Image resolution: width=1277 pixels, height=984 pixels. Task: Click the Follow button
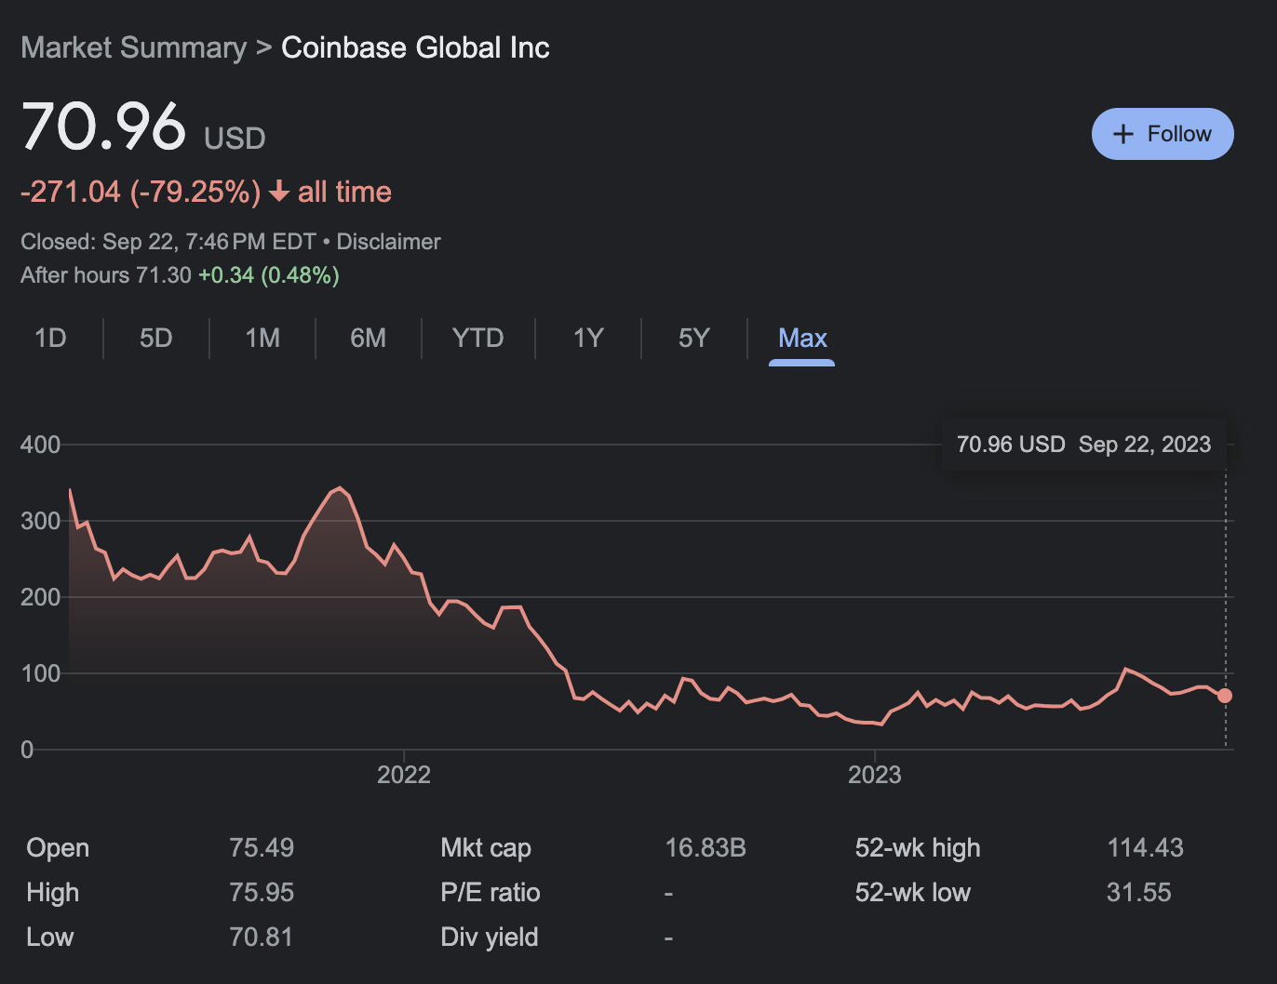1163,134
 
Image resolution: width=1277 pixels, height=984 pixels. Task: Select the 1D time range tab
50,338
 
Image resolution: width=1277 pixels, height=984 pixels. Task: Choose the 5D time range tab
156,338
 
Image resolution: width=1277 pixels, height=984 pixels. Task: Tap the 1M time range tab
262,338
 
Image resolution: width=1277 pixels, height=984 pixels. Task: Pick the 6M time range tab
369,338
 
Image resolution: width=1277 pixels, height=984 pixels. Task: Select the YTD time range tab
477,338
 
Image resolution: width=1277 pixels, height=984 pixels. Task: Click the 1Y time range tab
588,338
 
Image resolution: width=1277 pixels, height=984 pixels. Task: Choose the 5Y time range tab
694,338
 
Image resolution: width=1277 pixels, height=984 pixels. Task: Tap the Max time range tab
802,338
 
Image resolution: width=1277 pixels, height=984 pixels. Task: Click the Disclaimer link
388,242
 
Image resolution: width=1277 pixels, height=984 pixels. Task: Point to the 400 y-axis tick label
40,445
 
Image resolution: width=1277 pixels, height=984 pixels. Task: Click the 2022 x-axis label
404,775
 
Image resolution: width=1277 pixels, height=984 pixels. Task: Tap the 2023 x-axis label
875,775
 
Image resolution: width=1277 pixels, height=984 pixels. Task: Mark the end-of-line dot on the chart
1225,696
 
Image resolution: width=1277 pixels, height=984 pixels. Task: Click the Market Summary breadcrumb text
134,47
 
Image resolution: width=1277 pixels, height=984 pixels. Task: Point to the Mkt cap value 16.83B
706,848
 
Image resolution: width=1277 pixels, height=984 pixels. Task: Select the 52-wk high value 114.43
1145,848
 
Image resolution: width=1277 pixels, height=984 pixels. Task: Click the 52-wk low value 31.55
1139,893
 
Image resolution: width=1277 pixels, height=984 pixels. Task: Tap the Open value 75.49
262,848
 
